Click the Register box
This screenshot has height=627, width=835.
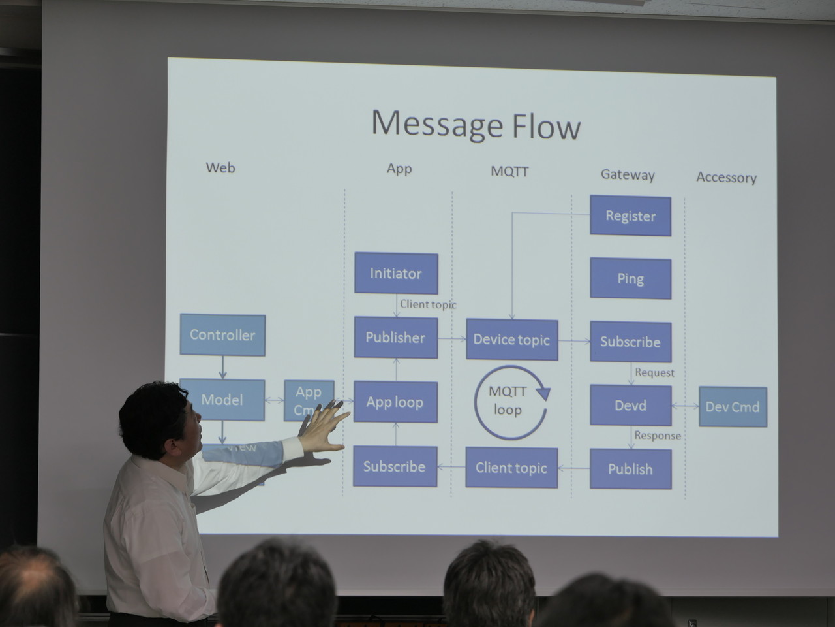pyautogui.click(x=630, y=216)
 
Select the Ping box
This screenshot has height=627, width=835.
pyautogui.click(x=630, y=279)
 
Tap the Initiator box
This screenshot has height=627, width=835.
pyautogui.click(x=396, y=273)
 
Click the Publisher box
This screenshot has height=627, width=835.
pyautogui.click(x=395, y=338)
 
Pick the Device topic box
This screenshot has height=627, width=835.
pyautogui.click(x=511, y=340)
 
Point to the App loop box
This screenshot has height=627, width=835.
pyautogui.click(x=395, y=402)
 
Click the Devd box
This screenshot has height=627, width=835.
pyautogui.click(x=630, y=406)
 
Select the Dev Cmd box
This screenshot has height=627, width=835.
pyautogui.click(x=733, y=407)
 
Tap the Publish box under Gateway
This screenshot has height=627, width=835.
pyautogui.click(x=630, y=469)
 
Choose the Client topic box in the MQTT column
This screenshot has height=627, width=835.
pyautogui.click(x=511, y=468)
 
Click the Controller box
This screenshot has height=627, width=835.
pyautogui.click(x=222, y=335)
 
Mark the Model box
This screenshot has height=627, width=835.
pyautogui.click(x=222, y=400)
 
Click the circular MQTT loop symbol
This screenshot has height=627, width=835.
pyautogui.click(x=509, y=402)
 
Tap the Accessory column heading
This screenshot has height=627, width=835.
pyautogui.click(x=726, y=178)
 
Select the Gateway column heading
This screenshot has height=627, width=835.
pyautogui.click(x=628, y=174)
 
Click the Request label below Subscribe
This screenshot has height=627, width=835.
pyautogui.click(x=654, y=373)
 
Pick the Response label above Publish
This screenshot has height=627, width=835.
pyautogui.click(x=657, y=436)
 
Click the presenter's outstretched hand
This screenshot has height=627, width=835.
pyautogui.click(x=323, y=428)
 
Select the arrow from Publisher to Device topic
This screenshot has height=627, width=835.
pyautogui.click(x=451, y=338)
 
